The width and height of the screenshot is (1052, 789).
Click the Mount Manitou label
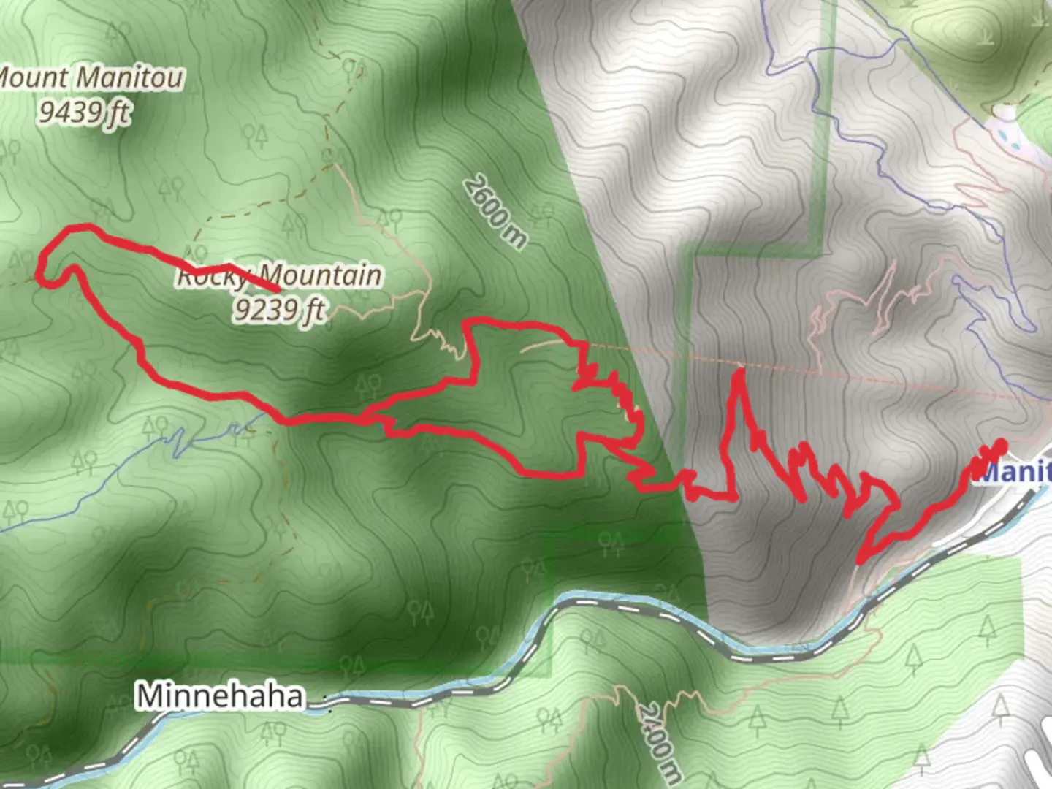(91, 78)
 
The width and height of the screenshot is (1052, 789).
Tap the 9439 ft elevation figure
(85, 112)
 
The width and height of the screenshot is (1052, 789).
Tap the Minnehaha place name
(219, 696)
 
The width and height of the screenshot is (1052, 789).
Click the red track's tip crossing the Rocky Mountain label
(278, 291)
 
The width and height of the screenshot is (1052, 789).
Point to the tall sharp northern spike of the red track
(739, 373)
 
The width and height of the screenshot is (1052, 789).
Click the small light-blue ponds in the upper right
(1012, 135)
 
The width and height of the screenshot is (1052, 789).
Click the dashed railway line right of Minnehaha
(438, 694)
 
